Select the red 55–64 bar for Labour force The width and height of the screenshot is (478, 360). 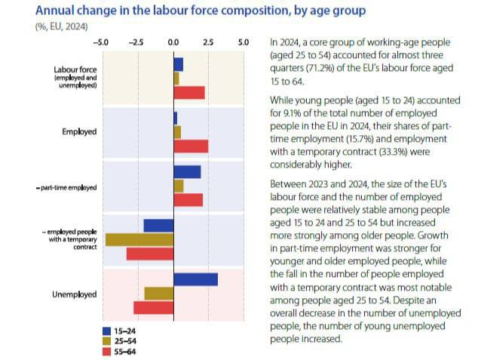(189, 92)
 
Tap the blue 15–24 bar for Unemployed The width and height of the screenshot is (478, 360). (195, 279)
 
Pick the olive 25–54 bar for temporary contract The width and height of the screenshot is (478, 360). (139, 239)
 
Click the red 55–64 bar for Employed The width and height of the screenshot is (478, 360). (191, 146)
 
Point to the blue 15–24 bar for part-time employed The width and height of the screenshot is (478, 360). (187, 172)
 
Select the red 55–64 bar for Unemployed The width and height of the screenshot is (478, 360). (154, 307)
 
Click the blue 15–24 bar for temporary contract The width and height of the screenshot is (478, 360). (158, 225)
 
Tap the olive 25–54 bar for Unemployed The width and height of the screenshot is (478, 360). (158, 293)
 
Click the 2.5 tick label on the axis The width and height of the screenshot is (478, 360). (208, 43)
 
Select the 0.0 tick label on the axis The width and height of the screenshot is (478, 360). (173, 43)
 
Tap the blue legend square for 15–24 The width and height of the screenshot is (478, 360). (106, 330)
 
